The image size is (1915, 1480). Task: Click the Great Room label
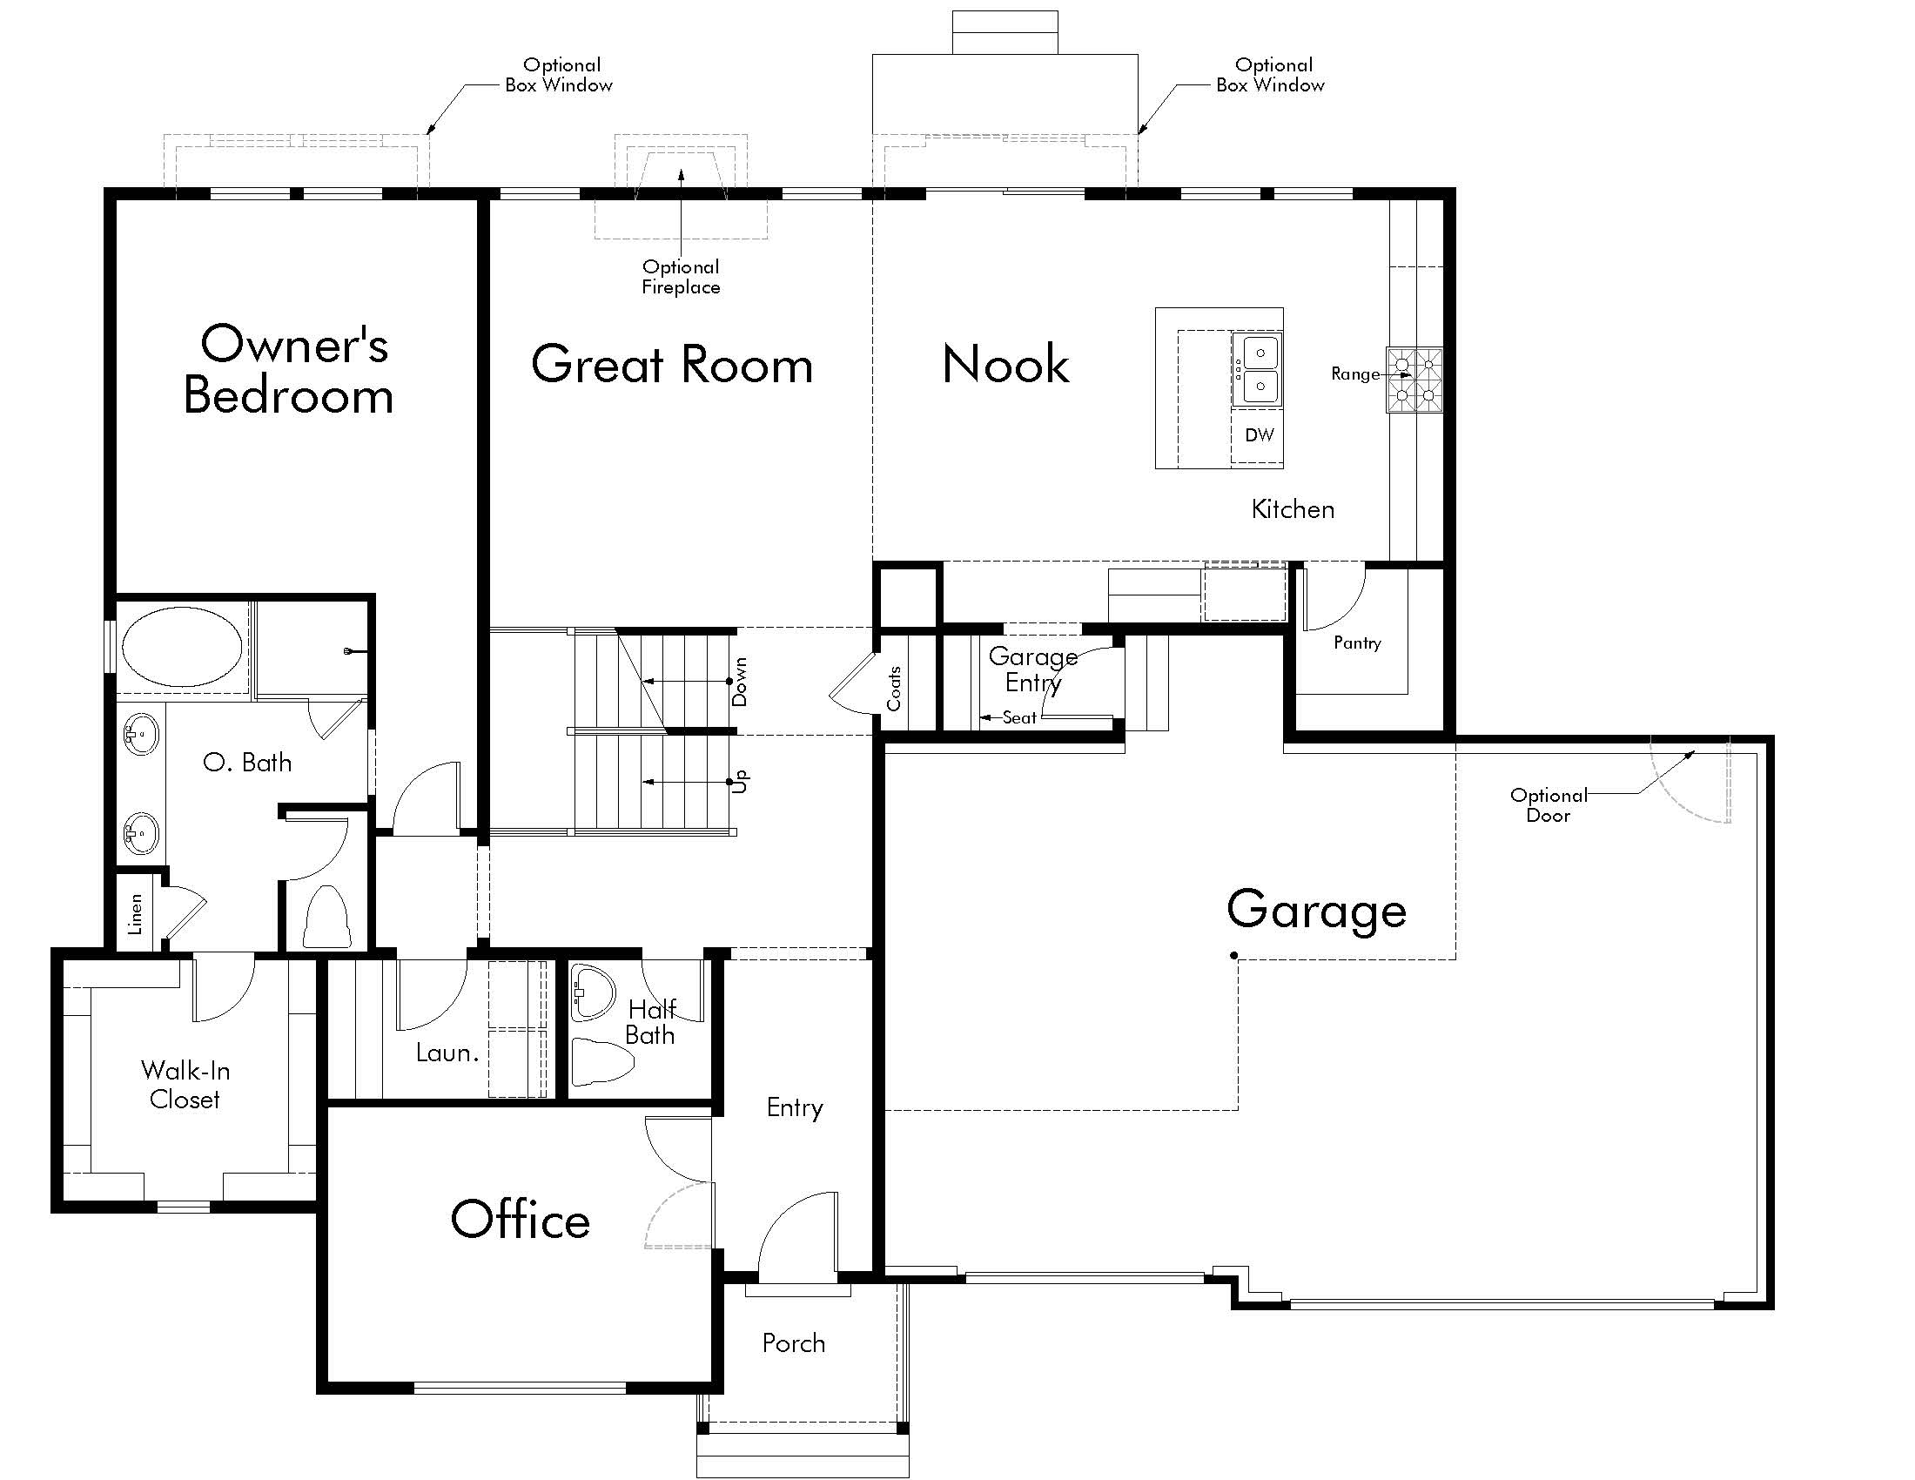(x=672, y=364)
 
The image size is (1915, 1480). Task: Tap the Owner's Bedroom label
(x=289, y=369)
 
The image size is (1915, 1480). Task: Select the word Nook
(x=1005, y=364)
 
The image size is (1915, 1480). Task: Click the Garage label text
(x=1316, y=910)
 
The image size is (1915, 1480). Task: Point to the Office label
(x=520, y=1220)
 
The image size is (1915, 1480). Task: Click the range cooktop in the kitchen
(x=1414, y=380)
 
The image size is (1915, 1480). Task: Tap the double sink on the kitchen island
(x=1256, y=369)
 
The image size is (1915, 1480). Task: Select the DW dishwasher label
(x=1260, y=435)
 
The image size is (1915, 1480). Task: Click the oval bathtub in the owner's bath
(x=183, y=646)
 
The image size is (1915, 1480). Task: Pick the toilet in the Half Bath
(x=602, y=1060)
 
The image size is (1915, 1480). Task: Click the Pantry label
(x=1357, y=643)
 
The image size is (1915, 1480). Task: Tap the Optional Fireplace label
(x=681, y=277)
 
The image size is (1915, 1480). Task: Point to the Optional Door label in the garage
(x=1549, y=805)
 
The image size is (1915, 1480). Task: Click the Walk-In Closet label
(x=185, y=1085)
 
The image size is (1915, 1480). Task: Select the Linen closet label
(x=135, y=914)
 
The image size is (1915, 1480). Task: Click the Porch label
(x=794, y=1343)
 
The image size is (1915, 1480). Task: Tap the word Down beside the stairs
(x=740, y=682)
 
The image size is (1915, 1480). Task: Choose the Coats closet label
(x=893, y=689)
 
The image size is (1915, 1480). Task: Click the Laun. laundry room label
(x=447, y=1053)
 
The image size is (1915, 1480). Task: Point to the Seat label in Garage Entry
(x=1020, y=717)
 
